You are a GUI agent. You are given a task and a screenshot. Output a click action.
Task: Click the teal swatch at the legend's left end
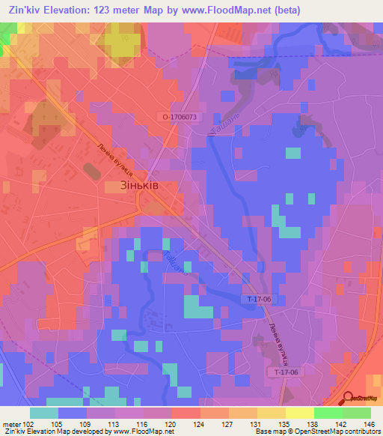point(44,413)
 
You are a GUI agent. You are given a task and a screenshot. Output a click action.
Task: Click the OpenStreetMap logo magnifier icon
point(348,398)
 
